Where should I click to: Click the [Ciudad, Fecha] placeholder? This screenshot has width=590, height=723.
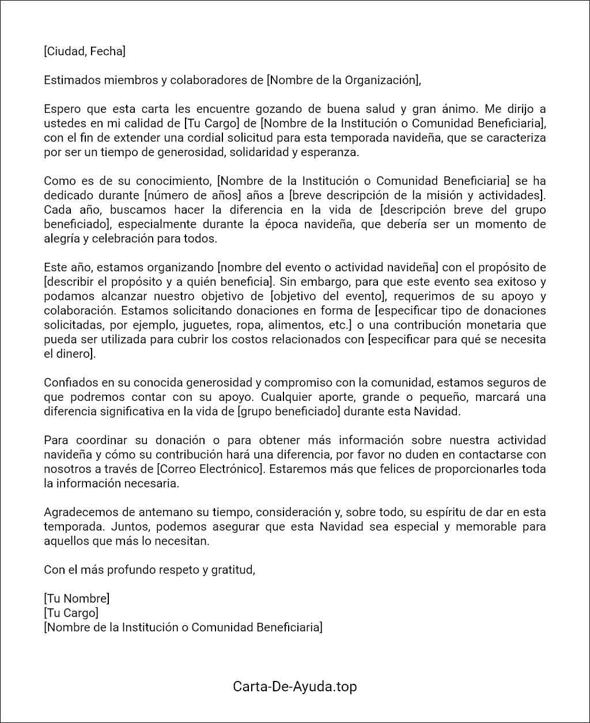click(84, 51)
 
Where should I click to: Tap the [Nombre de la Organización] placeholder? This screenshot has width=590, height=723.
click(343, 80)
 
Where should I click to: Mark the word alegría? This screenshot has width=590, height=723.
click(62, 239)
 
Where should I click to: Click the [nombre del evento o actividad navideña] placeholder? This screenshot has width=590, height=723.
click(328, 267)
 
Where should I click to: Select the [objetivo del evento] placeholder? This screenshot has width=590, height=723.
click(328, 296)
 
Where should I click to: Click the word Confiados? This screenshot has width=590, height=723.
click(69, 383)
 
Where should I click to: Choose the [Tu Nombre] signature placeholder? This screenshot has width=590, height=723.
click(77, 599)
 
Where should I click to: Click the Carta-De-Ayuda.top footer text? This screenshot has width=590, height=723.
click(295, 686)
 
